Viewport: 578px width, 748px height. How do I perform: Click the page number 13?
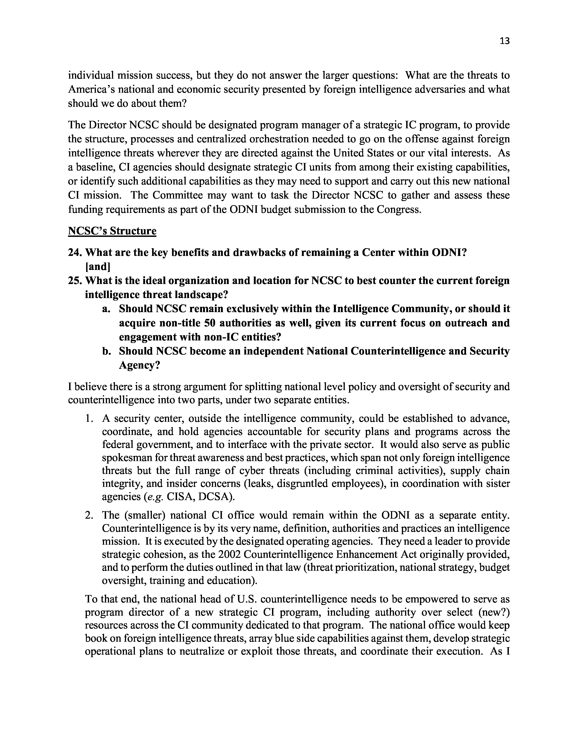coord(504,41)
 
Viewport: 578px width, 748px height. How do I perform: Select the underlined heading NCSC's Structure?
coord(112,231)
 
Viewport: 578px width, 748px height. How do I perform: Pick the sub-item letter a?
coord(106,309)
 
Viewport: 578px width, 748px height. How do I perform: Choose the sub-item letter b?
coord(106,351)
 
